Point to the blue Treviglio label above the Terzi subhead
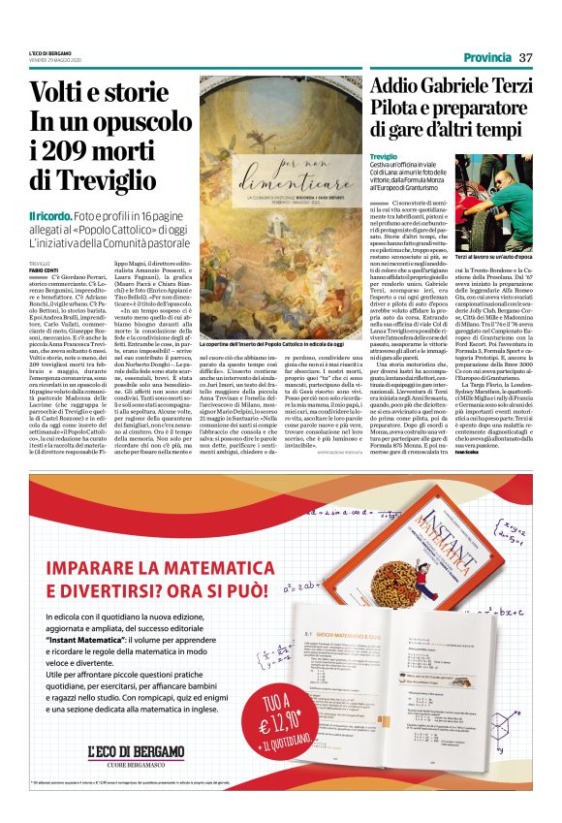tap(384, 156)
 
